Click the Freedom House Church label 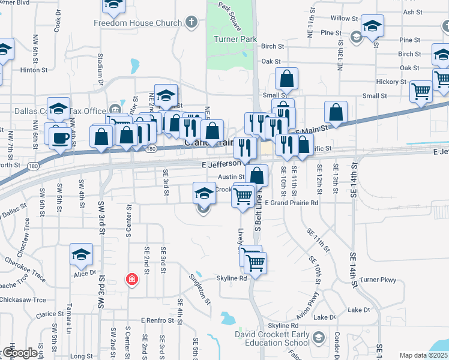tap(137, 23)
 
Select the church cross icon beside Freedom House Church tap(191, 23)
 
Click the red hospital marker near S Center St tap(131, 279)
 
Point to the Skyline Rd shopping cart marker tap(256, 262)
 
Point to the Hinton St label tap(33, 70)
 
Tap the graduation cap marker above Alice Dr tap(81, 254)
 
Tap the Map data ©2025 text tap(423, 355)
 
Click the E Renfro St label tap(158, 321)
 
